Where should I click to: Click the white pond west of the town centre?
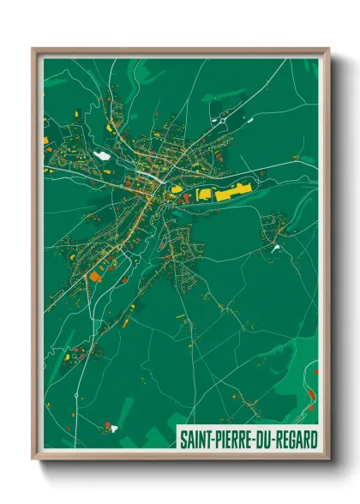102,156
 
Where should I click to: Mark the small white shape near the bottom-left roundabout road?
109,424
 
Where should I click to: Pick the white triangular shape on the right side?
276,248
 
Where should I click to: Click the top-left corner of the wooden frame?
34,50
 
